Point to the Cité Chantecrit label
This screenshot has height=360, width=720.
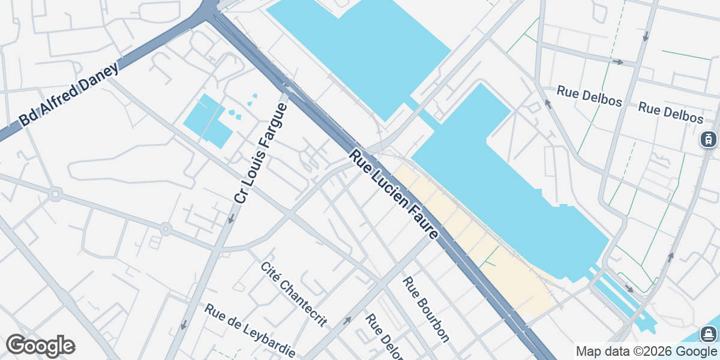[x=294, y=295]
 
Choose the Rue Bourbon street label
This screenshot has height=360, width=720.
[x=426, y=309]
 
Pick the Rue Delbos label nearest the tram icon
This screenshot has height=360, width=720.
[x=670, y=112]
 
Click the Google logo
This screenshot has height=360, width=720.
[x=41, y=346]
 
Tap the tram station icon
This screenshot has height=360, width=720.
[x=709, y=139]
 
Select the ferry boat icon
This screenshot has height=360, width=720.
[x=709, y=333]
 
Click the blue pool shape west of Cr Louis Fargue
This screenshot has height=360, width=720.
[x=207, y=120]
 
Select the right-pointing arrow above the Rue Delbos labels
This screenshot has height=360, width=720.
[x=617, y=62]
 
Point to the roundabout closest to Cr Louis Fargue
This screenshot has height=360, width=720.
[x=166, y=229]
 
